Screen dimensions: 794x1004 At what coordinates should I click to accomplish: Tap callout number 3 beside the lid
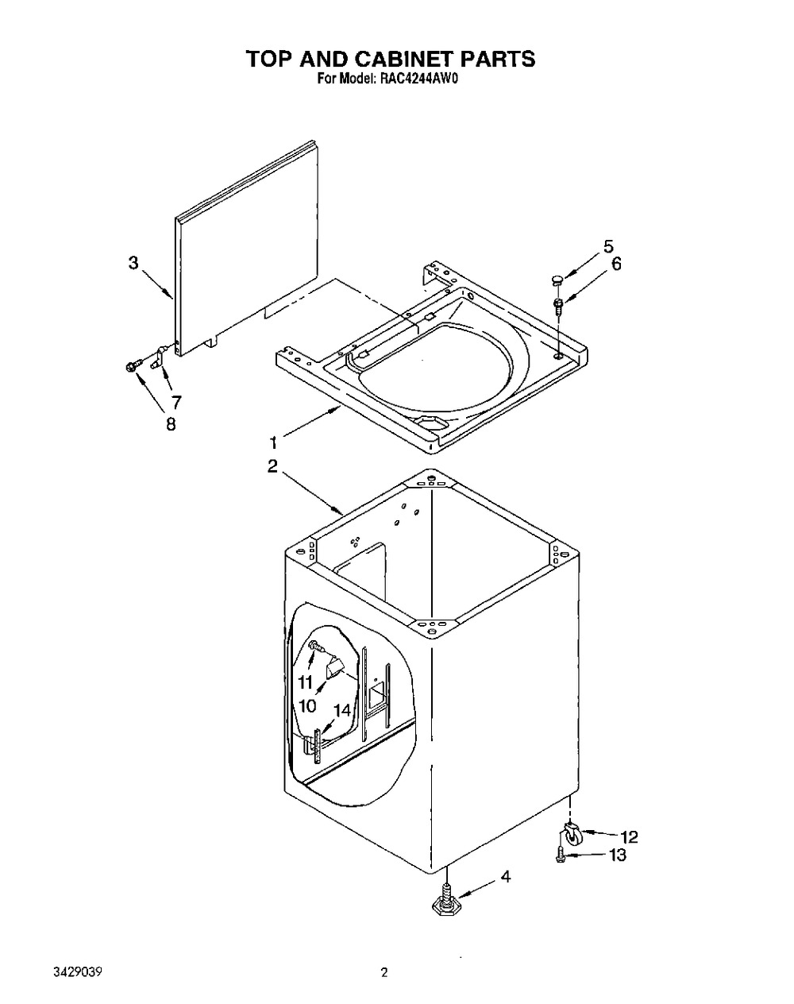[x=134, y=264]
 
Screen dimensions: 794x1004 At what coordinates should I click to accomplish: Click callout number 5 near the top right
[x=608, y=247]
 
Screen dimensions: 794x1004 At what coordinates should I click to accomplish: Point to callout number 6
[x=616, y=264]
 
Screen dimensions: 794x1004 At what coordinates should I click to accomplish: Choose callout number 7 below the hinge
[x=176, y=401]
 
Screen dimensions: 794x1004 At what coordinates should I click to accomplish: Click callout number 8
[x=172, y=423]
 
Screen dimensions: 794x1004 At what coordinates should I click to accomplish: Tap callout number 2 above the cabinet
[x=272, y=466]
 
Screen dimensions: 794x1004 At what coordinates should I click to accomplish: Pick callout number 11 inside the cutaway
[x=305, y=682]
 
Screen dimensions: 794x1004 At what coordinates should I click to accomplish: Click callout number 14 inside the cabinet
[x=342, y=711]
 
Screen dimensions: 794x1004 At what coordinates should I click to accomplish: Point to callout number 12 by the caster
[x=629, y=837]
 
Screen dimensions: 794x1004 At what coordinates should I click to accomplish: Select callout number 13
[x=617, y=855]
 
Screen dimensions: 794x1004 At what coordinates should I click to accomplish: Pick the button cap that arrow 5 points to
[x=557, y=280]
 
